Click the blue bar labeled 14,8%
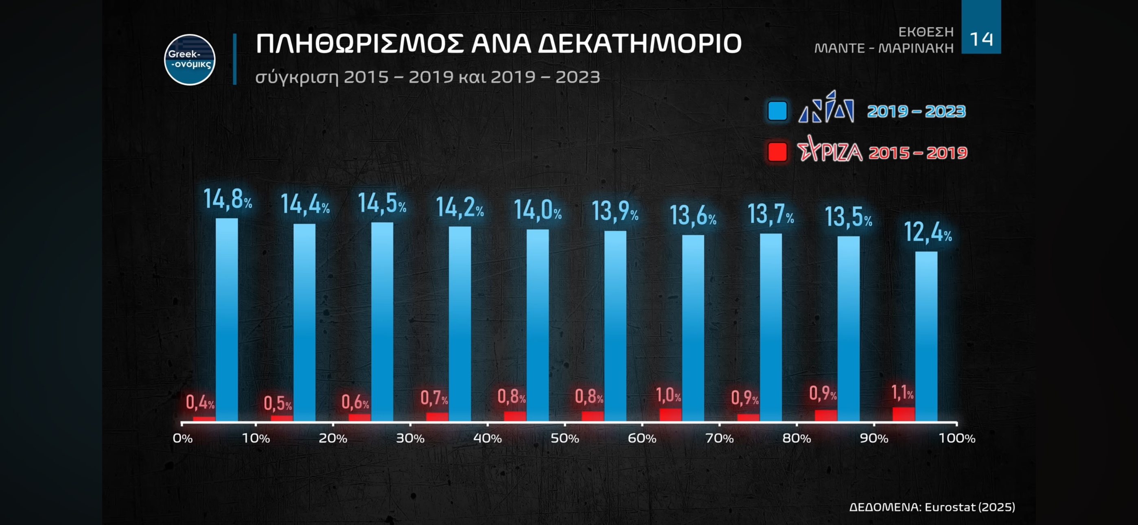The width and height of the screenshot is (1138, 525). pyautogui.click(x=227, y=319)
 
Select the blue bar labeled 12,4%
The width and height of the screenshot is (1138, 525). pyautogui.click(x=926, y=336)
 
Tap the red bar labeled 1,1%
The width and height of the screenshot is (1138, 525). pyautogui.click(x=904, y=414)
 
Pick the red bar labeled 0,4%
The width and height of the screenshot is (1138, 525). pyautogui.click(x=204, y=418)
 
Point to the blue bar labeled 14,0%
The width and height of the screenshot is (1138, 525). pyautogui.click(x=538, y=325)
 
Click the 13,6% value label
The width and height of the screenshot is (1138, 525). pyautogui.click(x=693, y=216)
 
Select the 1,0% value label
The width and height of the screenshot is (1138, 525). pyautogui.click(x=668, y=395)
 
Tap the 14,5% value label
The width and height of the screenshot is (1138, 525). pyautogui.click(x=382, y=203)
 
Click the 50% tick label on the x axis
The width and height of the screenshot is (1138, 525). pyautogui.click(x=565, y=438)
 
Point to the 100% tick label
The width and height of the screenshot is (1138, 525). pyautogui.click(x=956, y=438)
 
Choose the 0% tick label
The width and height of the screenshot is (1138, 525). pyautogui.click(x=182, y=438)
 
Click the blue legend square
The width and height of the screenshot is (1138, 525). pyautogui.click(x=777, y=110)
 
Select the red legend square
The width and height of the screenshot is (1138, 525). pyautogui.click(x=777, y=152)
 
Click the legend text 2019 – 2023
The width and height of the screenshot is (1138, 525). pyautogui.click(x=916, y=112)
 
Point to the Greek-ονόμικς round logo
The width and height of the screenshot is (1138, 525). pyautogui.click(x=190, y=60)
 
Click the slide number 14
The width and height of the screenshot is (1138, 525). pyautogui.click(x=981, y=39)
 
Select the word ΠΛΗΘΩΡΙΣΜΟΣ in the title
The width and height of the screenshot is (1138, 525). pyautogui.click(x=360, y=44)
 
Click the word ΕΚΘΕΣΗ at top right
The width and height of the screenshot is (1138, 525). pyautogui.click(x=926, y=32)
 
